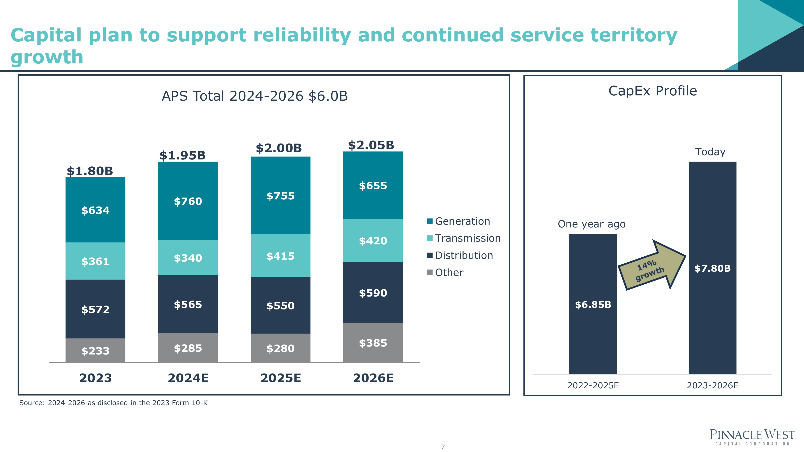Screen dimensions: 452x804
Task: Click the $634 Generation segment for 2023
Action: click(x=95, y=210)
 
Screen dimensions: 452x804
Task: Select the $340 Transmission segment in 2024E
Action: click(x=188, y=258)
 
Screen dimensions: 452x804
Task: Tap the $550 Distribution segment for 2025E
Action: click(x=280, y=305)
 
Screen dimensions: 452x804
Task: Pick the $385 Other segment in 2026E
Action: click(x=373, y=343)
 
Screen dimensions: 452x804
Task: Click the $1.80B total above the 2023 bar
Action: click(x=90, y=171)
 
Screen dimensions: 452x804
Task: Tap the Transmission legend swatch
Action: click(x=430, y=238)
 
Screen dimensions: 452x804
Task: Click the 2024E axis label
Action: click(x=188, y=378)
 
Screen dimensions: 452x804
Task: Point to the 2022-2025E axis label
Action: click(x=593, y=385)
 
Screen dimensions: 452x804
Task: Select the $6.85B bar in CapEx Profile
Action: click(x=593, y=304)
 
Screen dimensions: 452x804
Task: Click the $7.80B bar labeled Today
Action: click(x=712, y=268)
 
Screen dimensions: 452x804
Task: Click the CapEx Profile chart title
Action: click(x=653, y=91)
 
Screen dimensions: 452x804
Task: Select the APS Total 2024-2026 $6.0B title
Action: click(x=255, y=96)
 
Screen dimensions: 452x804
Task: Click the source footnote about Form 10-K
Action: click(x=113, y=403)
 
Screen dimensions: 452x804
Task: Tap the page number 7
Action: click(x=443, y=447)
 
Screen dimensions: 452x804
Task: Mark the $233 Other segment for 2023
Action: click(x=95, y=351)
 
